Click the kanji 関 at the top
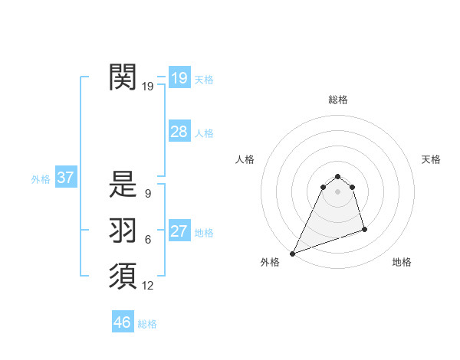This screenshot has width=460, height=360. pyautogui.click(x=123, y=77)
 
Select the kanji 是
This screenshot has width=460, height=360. pyautogui.click(x=123, y=184)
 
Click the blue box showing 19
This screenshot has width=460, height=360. pyautogui.click(x=179, y=77)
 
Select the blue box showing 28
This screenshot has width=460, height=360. pyautogui.click(x=179, y=132)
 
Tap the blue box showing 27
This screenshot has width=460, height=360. pyautogui.click(x=179, y=232)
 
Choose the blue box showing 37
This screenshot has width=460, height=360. pyautogui.click(x=65, y=178)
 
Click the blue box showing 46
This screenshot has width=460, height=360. pyautogui.click(x=122, y=322)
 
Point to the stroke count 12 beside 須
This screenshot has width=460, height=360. pyautogui.click(x=148, y=286)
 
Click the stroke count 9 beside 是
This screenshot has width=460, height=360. pyautogui.click(x=148, y=194)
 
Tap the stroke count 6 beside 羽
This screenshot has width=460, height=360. pyautogui.click(x=148, y=240)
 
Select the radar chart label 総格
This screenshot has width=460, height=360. pyautogui.click(x=338, y=100)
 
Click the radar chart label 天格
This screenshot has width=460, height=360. pyautogui.click(x=432, y=159)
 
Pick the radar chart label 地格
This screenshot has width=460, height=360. pyautogui.click(x=402, y=262)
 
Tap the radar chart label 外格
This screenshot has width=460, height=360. pyautogui.click(x=270, y=262)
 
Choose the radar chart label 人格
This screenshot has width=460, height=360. pyautogui.click(x=245, y=159)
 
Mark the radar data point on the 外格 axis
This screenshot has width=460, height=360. pyautogui.click(x=292, y=254)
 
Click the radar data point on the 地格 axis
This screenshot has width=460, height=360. pyautogui.click(x=364, y=229)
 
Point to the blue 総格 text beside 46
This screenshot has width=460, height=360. pyautogui.click(x=147, y=324)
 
